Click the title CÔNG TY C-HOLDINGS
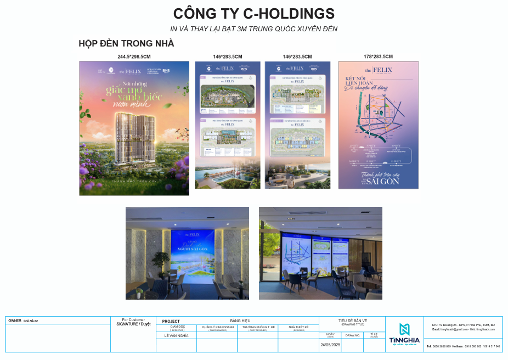[x=253, y=14]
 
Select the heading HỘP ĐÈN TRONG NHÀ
[x=126, y=43]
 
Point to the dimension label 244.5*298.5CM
[x=134, y=57]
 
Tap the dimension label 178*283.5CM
[x=378, y=57]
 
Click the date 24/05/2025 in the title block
[x=330, y=345]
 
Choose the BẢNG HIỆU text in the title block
[x=240, y=320]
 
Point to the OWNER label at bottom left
[x=15, y=320]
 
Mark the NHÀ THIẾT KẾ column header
[x=298, y=327]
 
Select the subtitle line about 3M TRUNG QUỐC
[x=253, y=29]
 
